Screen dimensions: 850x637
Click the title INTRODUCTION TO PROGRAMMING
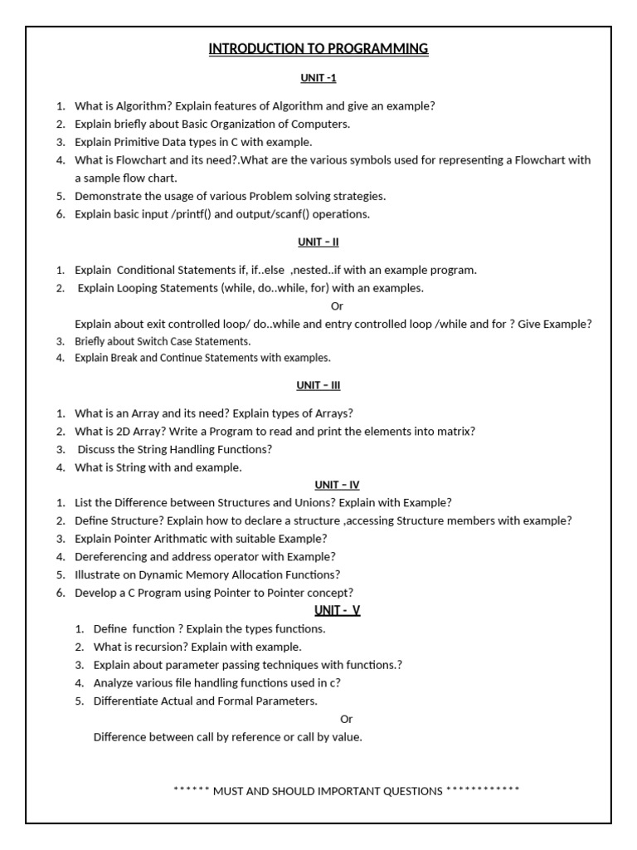click(318, 49)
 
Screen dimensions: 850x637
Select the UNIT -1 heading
click(318, 79)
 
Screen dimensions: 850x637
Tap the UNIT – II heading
click(318, 242)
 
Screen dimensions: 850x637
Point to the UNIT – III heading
click(318, 385)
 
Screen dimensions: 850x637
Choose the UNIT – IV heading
click(337, 485)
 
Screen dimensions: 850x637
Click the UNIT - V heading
click(337, 611)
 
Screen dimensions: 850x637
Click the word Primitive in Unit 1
click(139, 142)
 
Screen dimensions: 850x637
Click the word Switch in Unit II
click(153, 341)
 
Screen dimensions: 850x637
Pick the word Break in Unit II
click(125, 358)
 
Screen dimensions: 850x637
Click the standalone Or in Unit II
click(337, 306)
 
